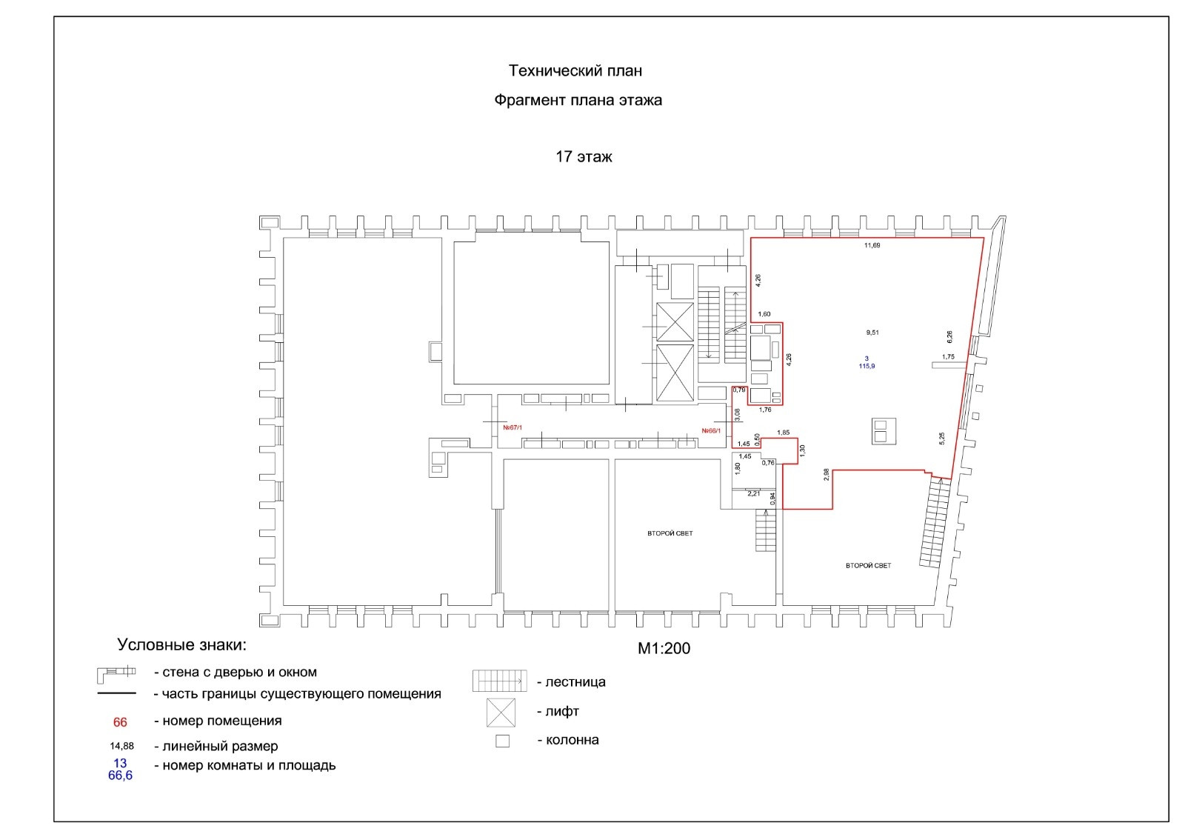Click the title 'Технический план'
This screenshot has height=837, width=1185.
coord(575,71)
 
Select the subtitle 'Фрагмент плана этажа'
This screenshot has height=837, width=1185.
coord(578,101)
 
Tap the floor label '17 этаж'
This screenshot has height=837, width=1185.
coord(584,157)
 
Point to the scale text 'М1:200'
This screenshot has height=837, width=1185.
coord(664,648)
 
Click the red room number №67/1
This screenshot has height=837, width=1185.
coord(513,427)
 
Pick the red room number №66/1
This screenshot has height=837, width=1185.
coord(711,430)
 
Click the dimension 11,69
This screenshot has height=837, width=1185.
coord(872,245)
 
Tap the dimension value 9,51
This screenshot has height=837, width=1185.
coord(872,333)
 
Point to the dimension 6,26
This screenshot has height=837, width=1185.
coord(950,336)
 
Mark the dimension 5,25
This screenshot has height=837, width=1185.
coord(942,438)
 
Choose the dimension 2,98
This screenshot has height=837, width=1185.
coord(826,475)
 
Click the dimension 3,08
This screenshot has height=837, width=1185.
coord(737,415)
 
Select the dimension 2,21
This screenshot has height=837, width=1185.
coord(754,493)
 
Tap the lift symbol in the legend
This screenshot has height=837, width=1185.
coord(501,712)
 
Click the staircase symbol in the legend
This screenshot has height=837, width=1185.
coord(500,681)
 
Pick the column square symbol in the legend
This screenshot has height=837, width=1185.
coord(502,741)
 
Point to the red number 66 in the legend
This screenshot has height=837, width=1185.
coord(120,722)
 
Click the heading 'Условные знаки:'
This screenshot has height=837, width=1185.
coord(181,644)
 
